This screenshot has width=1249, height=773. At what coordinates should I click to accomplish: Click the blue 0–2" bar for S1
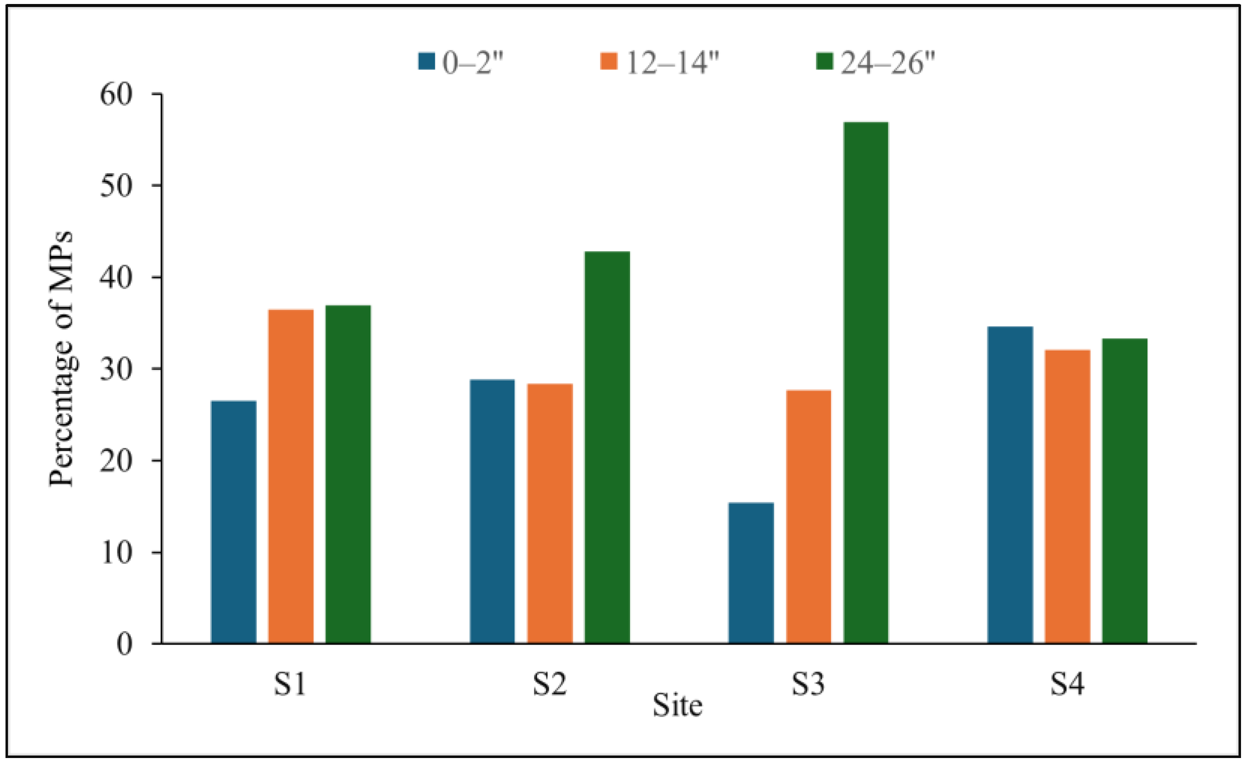pyautogui.click(x=234, y=521)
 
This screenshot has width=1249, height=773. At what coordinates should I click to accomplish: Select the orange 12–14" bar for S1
pyautogui.click(x=291, y=475)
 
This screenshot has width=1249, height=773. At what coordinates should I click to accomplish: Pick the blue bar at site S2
pyautogui.click(x=492, y=511)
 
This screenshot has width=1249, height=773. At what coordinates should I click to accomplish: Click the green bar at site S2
pyautogui.click(x=607, y=447)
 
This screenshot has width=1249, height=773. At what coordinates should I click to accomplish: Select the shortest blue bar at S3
pyautogui.click(x=751, y=573)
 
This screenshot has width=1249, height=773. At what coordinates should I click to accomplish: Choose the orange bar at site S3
pyautogui.click(x=809, y=516)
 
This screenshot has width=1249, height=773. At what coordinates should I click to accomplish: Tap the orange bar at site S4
pyautogui.click(x=1068, y=496)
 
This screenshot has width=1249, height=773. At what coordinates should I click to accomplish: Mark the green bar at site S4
pyautogui.click(x=1124, y=491)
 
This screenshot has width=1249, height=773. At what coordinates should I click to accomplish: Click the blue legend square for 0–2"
pyautogui.click(x=426, y=61)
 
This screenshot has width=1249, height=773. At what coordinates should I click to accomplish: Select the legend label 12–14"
pyautogui.click(x=672, y=63)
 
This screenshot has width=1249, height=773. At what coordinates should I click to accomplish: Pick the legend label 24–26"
pyautogui.click(x=888, y=63)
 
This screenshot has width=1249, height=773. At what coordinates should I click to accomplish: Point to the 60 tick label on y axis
pyautogui.click(x=116, y=94)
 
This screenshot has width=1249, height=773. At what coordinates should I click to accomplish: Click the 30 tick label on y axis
pyautogui.click(x=116, y=369)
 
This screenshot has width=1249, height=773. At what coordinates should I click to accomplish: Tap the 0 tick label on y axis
pyautogui.click(x=124, y=644)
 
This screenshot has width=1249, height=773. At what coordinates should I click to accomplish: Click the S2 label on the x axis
pyautogui.click(x=550, y=684)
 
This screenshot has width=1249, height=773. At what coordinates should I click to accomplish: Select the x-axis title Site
pyautogui.click(x=677, y=706)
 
